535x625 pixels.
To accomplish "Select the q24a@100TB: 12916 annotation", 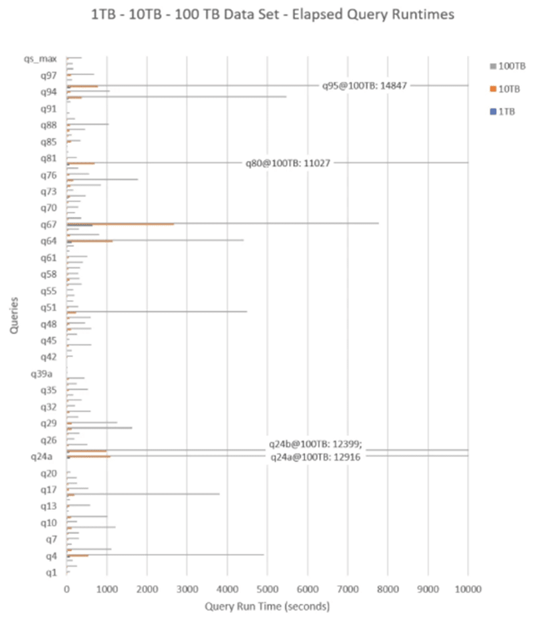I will pyautogui.click(x=316, y=457).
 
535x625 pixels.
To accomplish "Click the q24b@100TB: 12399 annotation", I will pyautogui.click(x=315, y=444).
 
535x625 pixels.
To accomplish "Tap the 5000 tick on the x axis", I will pyautogui.click(x=267, y=588).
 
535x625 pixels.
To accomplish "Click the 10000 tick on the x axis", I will pyautogui.click(x=468, y=588).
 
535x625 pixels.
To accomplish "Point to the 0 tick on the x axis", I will pyautogui.click(x=67, y=588).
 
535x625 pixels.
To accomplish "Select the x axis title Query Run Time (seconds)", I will pyautogui.click(x=267, y=607).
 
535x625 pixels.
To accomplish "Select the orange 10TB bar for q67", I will pyautogui.click(x=120, y=224).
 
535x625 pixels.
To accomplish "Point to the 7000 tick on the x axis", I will pyautogui.click(x=347, y=588).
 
